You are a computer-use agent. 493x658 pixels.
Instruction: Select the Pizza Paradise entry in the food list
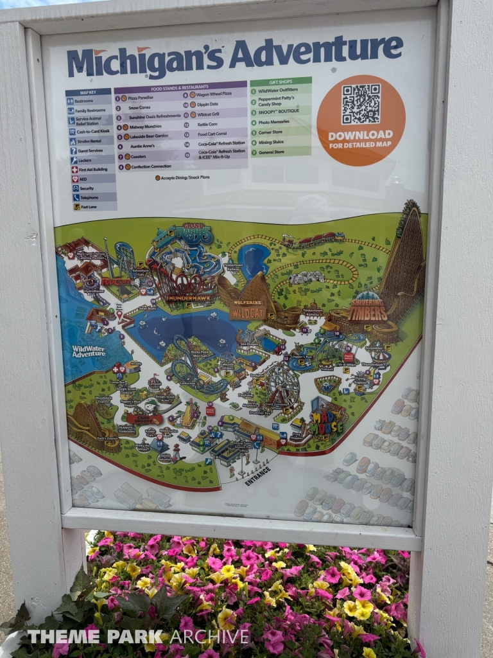coord(141,98)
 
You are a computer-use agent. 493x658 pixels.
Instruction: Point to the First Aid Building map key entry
coord(92,170)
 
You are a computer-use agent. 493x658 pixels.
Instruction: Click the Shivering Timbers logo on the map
coord(368,310)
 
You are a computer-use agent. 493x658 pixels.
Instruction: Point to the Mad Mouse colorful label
coord(327,417)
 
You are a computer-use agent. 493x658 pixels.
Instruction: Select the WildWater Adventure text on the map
coord(89,351)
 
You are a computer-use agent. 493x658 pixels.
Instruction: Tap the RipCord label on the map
coord(116,281)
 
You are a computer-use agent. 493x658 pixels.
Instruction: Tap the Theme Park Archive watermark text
coord(137,637)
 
